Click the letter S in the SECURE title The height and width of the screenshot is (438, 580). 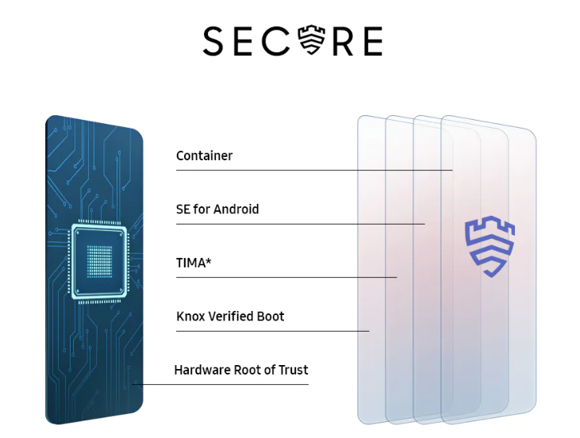213,40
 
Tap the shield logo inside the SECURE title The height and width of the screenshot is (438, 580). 312,40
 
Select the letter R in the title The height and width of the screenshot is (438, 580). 343,41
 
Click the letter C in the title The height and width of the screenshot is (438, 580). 276,40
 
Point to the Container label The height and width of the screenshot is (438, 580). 204,156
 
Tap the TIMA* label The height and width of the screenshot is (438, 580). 194,263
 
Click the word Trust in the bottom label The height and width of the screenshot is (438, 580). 294,370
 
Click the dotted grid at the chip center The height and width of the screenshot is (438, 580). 99,261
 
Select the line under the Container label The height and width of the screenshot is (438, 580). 314,170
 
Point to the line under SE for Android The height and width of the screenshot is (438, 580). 301,224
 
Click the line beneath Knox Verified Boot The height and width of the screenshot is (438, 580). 273,331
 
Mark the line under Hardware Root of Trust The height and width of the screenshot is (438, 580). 220,384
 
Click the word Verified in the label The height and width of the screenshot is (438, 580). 231,317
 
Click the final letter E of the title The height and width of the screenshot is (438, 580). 374,41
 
